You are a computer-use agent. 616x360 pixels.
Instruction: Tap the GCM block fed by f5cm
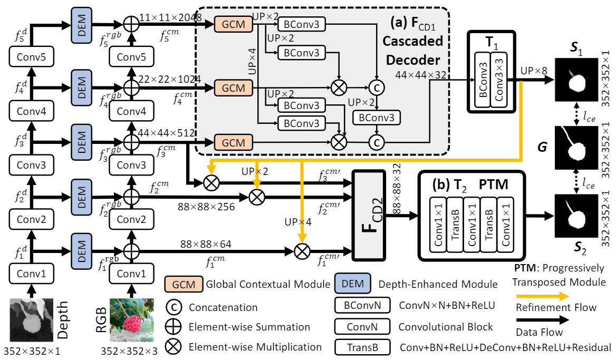[232, 24]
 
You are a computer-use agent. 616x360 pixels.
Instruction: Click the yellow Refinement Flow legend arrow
[543, 296]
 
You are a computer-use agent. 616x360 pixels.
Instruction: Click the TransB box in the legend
[362, 347]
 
